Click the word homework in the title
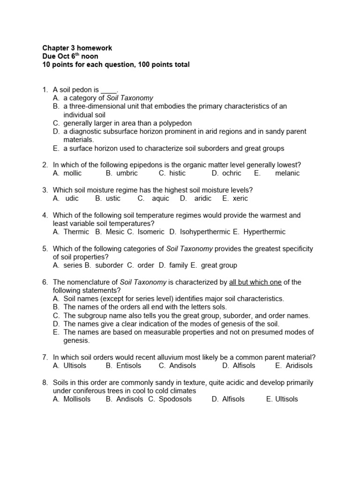pyautogui.click(x=95, y=48)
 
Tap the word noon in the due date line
pyautogui.click(x=89, y=57)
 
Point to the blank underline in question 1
pyautogui.click(x=109, y=90)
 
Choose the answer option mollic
pyautogui.click(x=73, y=173)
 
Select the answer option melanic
pyautogui.click(x=288, y=173)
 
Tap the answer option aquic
pyautogui.click(x=160, y=198)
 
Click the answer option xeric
pyautogui.click(x=240, y=198)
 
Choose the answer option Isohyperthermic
pyautogui.click(x=205, y=232)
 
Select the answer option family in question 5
pyautogui.click(x=179, y=265)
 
